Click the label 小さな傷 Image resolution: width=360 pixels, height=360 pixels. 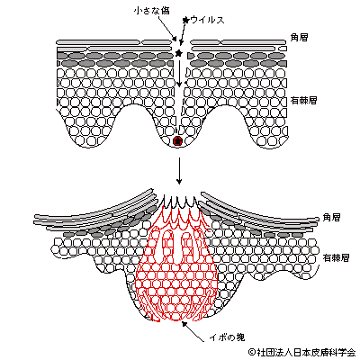pyautogui.click(x=152, y=11)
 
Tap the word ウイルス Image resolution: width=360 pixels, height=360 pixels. pyautogui.click(x=207, y=20)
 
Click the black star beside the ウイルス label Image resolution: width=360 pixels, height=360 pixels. pyautogui.click(x=186, y=20)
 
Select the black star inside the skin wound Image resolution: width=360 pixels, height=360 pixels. pyautogui.click(x=179, y=53)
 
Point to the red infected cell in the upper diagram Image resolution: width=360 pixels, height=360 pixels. pyautogui.click(x=177, y=140)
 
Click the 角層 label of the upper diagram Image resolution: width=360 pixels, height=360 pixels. pyautogui.click(x=299, y=37)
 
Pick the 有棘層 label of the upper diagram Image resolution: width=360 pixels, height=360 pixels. pyautogui.click(x=303, y=100)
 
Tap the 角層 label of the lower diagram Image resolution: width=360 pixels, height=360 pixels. pyautogui.click(x=331, y=217)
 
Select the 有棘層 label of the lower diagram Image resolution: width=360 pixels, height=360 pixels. pyautogui.click(x=336, y=257)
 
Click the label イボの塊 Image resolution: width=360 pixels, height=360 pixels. pyautogui.click(x=227, y=337)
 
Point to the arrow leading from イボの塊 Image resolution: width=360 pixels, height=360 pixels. pyautogui.click(x=194, y=332)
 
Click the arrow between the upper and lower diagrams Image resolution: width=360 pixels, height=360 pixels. pyautogui.click(x=179, y=170)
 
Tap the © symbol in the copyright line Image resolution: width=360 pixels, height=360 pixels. pyautogui.click(x=252, y=352)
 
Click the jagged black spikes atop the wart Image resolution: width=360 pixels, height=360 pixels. pyautogui.click(x=179, y=201)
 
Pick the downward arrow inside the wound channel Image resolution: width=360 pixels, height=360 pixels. pyautogui.click(x=179, y=73)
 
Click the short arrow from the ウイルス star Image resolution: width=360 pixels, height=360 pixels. pyautogui.click(x=183, y=33)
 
